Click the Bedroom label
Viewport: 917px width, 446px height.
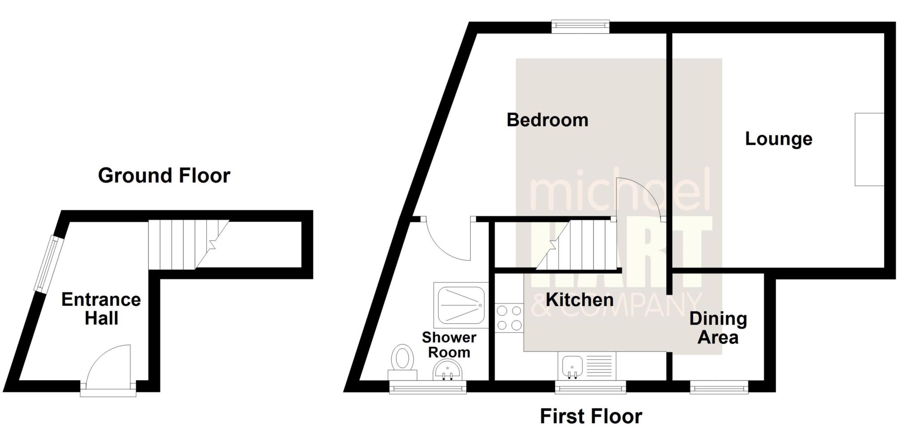(547, 120)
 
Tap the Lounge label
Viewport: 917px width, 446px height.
(778, 139)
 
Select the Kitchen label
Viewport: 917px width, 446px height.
(579, 300)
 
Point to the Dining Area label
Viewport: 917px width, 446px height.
(718, 328)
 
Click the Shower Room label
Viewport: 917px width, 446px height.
(449, 345)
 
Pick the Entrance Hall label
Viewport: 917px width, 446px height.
(101, 309)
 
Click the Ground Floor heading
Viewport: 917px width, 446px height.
(164, 176)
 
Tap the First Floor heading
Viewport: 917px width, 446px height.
(591, 416)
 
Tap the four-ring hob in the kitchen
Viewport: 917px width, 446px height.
(510, 317)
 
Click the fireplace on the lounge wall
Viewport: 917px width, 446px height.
(869, 149)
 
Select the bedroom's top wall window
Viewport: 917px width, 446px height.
(580, 26)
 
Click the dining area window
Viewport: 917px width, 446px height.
(719, 387)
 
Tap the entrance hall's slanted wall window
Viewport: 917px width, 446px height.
(47, 264)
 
